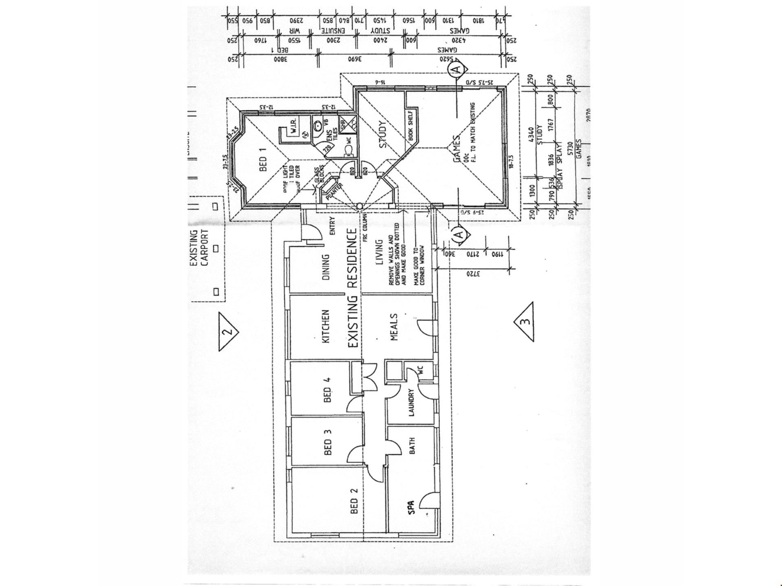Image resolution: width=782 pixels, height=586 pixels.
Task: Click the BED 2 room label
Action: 354,501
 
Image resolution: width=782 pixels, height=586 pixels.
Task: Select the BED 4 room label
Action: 327,390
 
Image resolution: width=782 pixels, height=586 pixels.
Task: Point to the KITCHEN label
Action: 326,327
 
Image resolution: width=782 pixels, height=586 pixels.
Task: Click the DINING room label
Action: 326,267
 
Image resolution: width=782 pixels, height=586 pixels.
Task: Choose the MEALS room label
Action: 394,327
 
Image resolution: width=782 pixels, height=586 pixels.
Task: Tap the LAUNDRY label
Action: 411,402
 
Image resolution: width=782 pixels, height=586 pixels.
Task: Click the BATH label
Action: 411,446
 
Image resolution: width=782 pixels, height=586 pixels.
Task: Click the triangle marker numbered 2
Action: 228,331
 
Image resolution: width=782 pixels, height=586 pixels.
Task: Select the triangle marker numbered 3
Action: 525,321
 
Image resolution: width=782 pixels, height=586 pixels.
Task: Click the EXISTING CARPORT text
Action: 199,248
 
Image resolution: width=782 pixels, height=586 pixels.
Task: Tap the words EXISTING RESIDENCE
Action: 353,288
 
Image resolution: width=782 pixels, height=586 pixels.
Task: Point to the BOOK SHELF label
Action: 411,126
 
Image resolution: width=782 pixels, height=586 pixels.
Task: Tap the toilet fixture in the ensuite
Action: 349,151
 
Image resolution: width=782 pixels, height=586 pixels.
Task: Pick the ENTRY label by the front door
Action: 332,226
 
